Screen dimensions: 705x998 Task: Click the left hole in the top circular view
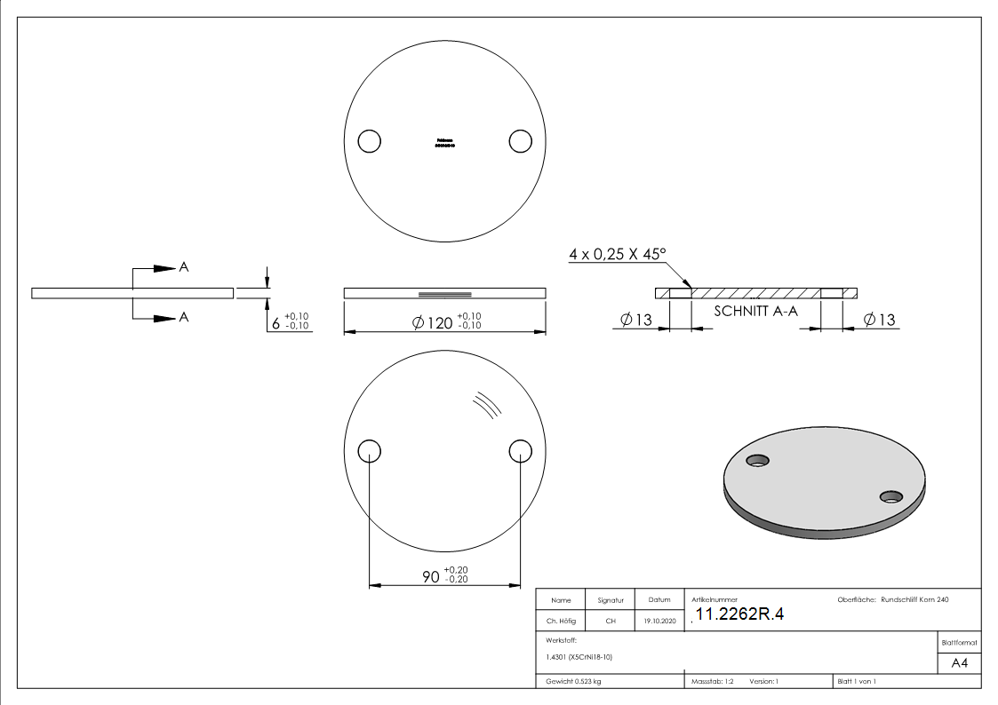tap(369, 141)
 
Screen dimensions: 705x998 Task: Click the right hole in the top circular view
tap(520, 141)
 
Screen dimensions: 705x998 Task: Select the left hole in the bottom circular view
tap(369, 451)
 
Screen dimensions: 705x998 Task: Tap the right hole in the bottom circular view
tap(520, 451)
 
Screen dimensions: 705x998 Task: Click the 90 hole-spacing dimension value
tap(430, 576)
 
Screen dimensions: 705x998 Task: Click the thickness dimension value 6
tap(275, 323)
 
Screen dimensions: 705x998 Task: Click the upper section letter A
tap(184, 267)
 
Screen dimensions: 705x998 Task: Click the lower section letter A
tap(184, 317)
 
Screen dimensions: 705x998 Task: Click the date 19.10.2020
tap(659, 622)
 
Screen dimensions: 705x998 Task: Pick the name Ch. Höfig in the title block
tap(561, 622)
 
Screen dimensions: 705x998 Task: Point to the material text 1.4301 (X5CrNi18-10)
tap(579, 657)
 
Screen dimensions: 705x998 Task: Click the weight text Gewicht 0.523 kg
tap(574, 681)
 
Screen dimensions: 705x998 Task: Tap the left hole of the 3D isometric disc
tap(758, 460)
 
